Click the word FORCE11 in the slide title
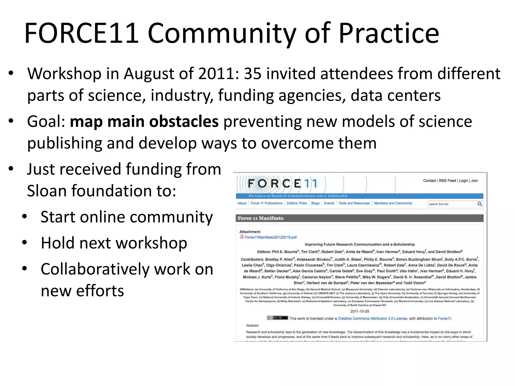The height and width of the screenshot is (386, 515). coord(81,33)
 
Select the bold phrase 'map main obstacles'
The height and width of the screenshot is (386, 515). coord(144,122)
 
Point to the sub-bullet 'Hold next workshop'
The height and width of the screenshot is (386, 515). coord(114,243)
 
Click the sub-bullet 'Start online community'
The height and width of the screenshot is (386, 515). coord(126,217)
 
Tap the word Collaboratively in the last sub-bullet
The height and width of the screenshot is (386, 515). coord(95,269)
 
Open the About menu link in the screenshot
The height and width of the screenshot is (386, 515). coord(242,203)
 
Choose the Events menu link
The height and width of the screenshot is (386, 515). coord(329,203)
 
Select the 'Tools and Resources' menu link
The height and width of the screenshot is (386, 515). coord(354,203)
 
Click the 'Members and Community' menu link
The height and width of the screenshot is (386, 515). coord(393,203)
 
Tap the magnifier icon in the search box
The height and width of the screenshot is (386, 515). coord(480,204)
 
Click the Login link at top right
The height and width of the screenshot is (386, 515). coord(463,181)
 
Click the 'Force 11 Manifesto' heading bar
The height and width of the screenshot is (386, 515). coord(359,218)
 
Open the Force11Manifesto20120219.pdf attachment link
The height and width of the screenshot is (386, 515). coord(271,237)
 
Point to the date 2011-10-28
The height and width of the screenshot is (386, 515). coord(360,311)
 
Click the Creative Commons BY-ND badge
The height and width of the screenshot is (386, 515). coord(277,318)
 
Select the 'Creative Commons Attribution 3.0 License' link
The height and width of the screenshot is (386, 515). coord(372,318)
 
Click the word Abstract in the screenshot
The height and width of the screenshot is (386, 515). coord(252,325)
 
